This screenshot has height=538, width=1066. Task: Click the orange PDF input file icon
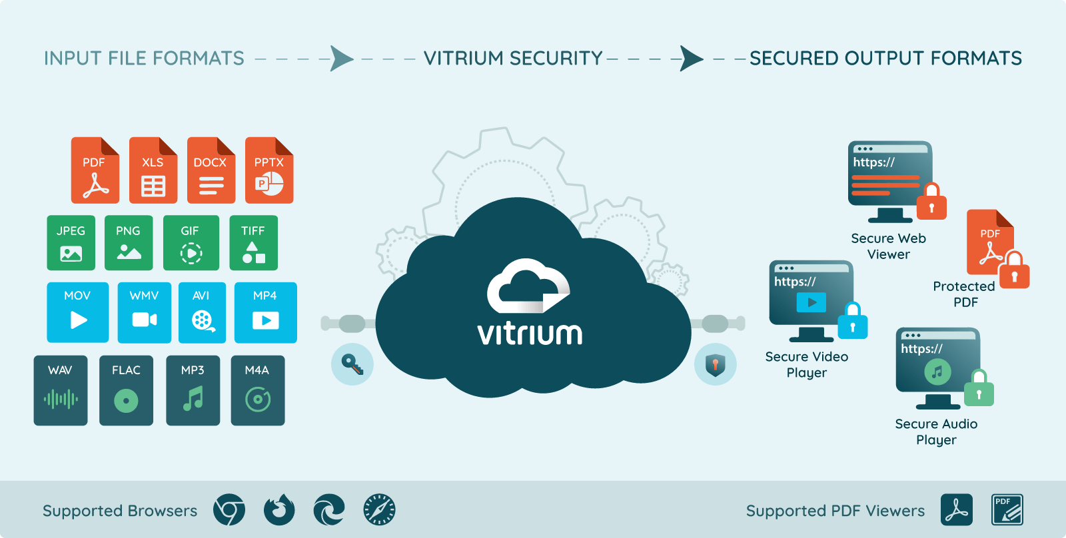coord(95,170)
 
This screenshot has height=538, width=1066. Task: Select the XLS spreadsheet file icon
coord(153,170)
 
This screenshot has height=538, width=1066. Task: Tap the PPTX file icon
coord(269,170)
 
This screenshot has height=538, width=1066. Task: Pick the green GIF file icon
coord(191,243)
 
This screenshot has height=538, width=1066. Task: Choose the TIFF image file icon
coord(253,243)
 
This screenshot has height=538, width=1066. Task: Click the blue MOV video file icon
coord(77,312)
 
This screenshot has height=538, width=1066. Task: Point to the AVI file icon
coord(202,312)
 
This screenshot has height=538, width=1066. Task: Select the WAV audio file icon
coord(61,390)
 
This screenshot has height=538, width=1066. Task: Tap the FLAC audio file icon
coord(126,390)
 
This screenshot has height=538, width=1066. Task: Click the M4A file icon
coord(257,390)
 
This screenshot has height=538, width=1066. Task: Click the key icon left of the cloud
coord(352,364)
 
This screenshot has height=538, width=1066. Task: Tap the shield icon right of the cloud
coord(715,364)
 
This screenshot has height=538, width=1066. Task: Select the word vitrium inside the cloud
coord(530,334)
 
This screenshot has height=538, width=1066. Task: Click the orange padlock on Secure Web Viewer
coord(931,202)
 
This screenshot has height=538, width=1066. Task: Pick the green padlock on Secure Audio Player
coord(979,389)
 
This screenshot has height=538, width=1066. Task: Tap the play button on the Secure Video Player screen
coord(811,302)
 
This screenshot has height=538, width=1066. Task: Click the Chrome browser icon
coord(229,511)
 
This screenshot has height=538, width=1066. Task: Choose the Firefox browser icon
coord(279,511)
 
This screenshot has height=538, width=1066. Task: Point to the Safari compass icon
coord(379,511)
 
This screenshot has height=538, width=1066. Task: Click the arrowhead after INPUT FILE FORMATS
coord(341,59)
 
